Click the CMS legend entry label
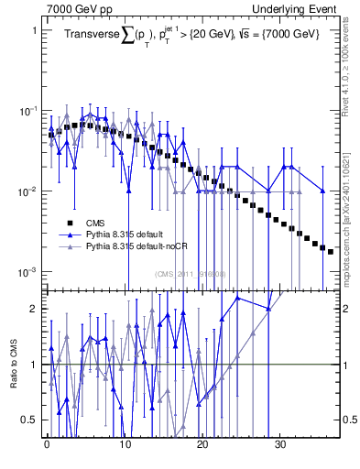(94, 223)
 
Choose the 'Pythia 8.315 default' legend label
(125, 234)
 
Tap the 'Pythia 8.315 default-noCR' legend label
(136, 247)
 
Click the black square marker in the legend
(69, 223)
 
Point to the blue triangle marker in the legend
(69, 234)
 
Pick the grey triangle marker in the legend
(69, 247)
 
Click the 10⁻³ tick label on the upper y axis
(28, 272)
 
